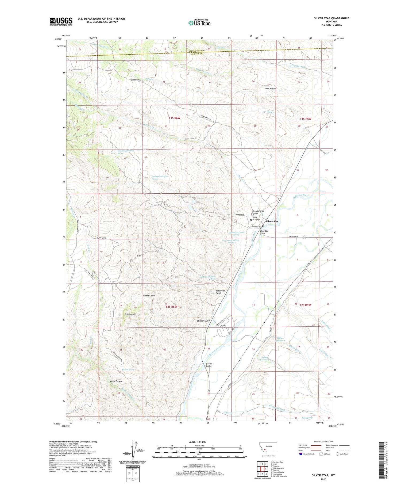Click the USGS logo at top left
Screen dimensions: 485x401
coord(61,21)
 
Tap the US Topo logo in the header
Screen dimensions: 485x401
coord(199,23)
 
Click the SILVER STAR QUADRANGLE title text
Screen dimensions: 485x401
coord(331,18)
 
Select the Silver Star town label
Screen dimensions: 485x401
coord(272,221)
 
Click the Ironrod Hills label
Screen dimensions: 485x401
coord(149,296)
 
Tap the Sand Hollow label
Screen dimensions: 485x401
coord(270,88)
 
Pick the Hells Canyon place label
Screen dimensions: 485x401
coord(116,381)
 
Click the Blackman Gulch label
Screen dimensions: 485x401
coord(220,292)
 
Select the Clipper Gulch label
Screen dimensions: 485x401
coord(203,320)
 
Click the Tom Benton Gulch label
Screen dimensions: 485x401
coord(258,212)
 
